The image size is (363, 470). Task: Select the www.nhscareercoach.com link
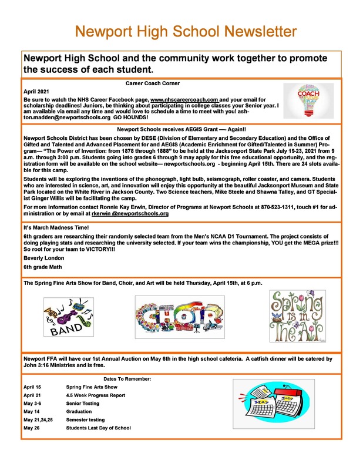pos(184,100)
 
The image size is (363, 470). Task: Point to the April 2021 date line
pos(35,92)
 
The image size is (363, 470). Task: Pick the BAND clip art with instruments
pos(68,318)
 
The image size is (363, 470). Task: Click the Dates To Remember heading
pos(127,378)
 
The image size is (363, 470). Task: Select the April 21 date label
pos(32,396)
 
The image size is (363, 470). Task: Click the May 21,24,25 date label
pos(38,420)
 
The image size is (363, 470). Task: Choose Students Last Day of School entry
pos(99,428)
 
